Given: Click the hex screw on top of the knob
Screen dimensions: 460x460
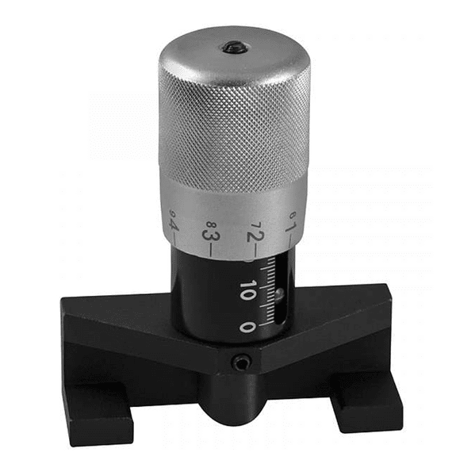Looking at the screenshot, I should point(235,48).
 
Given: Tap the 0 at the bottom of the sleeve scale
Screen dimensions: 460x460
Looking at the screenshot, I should point(248,326).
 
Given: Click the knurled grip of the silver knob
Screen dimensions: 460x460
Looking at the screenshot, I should point(234,135).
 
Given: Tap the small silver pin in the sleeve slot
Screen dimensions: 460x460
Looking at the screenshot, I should point(278,297).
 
